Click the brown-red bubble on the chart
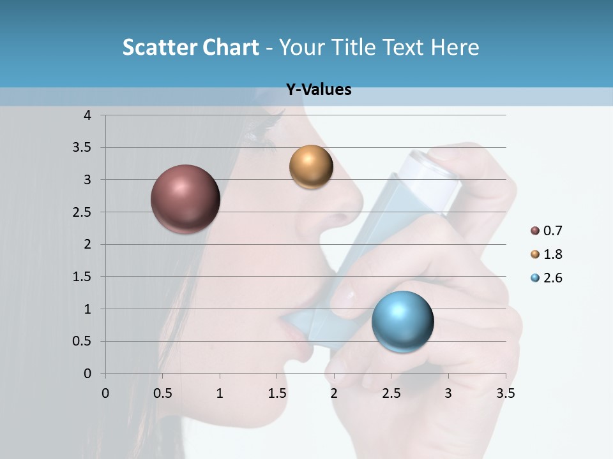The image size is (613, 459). (186, 199)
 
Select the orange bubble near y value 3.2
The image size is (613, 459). (311, 167)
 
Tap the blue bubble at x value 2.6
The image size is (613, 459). (402, 321)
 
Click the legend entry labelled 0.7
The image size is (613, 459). (547, 231)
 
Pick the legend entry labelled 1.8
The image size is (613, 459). (547, 254)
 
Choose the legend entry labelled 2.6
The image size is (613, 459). (547, 278)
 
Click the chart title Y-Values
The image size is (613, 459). (319, 90)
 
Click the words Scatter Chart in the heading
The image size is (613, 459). (190, 47)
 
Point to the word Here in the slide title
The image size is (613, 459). (455, 47)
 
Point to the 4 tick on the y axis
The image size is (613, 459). (87, 115)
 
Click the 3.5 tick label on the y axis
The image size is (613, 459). (83, 148)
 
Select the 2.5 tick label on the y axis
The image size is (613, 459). (83, 212)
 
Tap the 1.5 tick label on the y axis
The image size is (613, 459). (83, 277)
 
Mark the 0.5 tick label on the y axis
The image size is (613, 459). (83, 341)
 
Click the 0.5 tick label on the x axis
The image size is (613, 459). (163, 393)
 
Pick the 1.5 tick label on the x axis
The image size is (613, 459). (277, 393)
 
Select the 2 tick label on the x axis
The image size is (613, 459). (334, 393)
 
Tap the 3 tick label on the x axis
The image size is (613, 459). (448, 393)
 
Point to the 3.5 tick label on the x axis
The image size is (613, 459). (505, 393)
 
